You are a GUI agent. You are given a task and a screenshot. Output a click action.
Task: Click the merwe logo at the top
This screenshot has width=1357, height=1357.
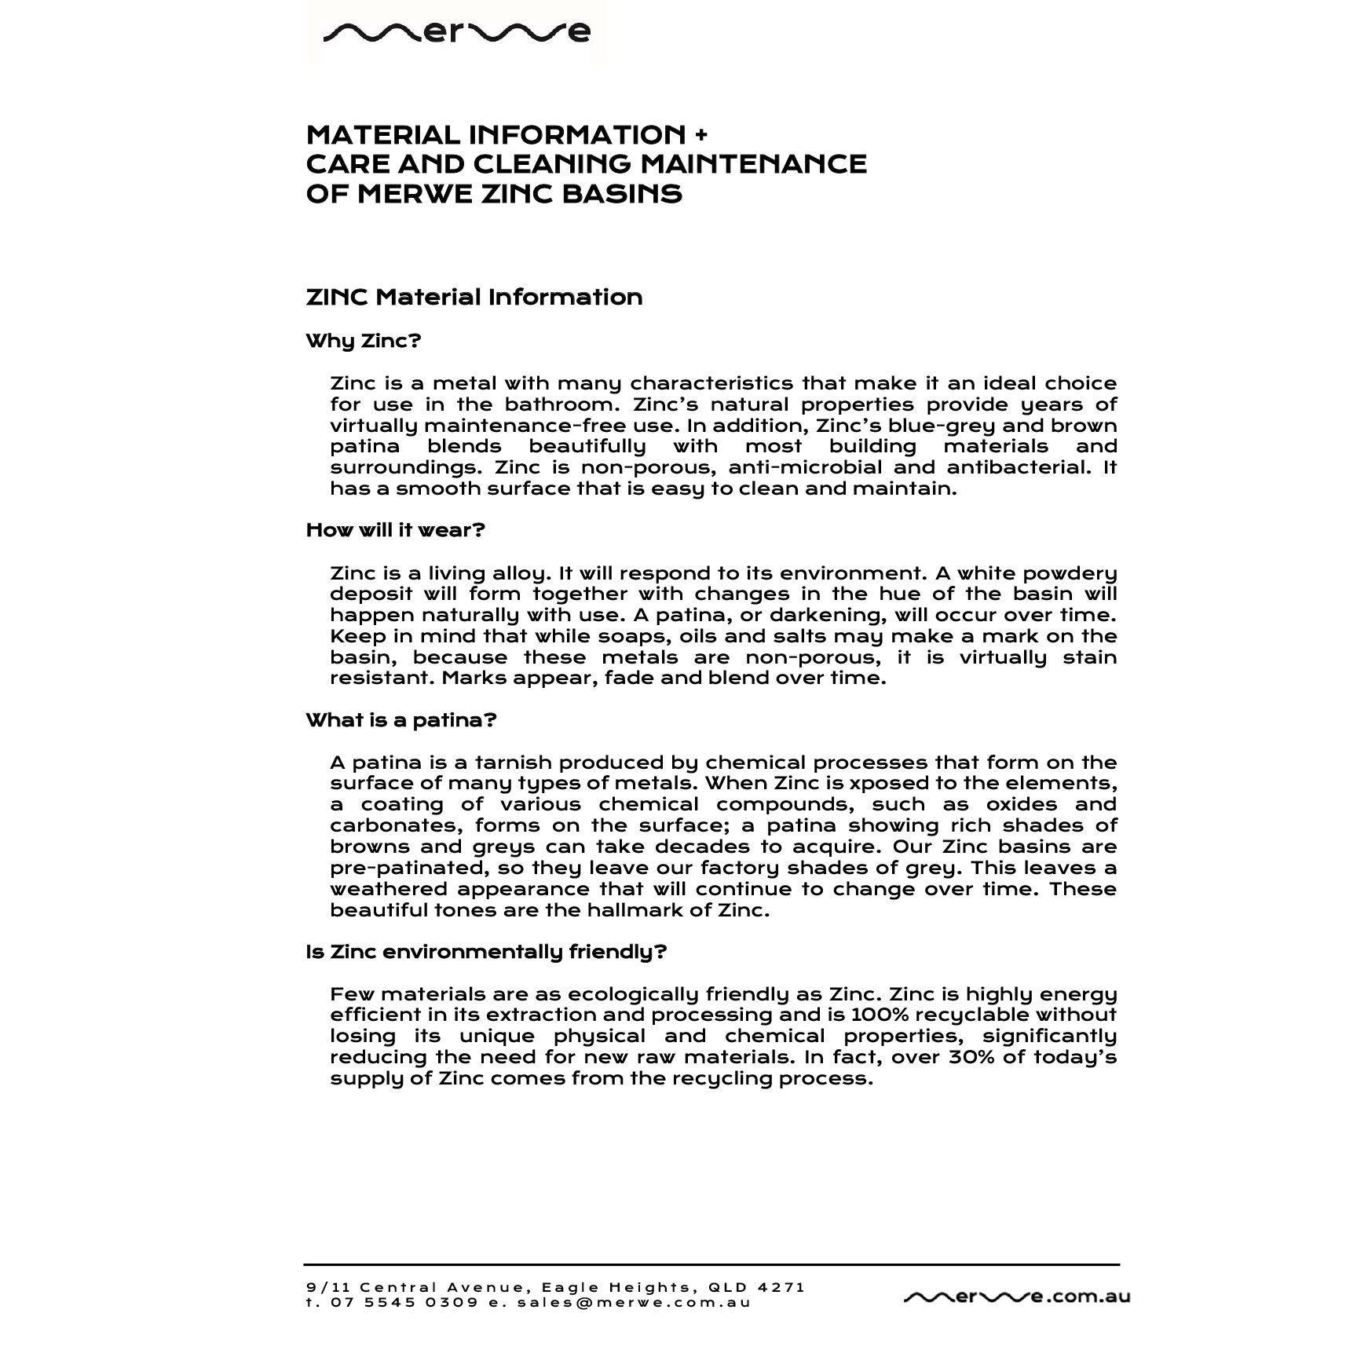click(x=456, y=32)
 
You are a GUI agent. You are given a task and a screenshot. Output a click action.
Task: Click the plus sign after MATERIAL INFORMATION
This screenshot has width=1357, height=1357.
click(x=700, y=135)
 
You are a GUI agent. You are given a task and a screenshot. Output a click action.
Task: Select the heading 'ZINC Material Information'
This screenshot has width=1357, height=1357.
click(x=474, y=298)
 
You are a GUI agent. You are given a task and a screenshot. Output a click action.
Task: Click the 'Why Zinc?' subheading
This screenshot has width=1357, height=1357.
click(x=364, y=342)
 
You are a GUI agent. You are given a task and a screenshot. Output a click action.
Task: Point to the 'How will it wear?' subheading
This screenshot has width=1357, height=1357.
click(x=396, y=530)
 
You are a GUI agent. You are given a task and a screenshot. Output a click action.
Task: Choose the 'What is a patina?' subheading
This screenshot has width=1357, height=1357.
click(x=401, y=720)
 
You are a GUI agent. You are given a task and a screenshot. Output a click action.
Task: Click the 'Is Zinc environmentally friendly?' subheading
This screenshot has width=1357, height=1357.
click(x=486, y=952)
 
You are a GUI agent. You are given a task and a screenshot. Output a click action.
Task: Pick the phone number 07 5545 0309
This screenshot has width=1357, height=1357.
click(x=404, y=1303)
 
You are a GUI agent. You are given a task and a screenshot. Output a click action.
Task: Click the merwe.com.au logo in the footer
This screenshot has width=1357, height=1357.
click(x=1017, y=1297)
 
